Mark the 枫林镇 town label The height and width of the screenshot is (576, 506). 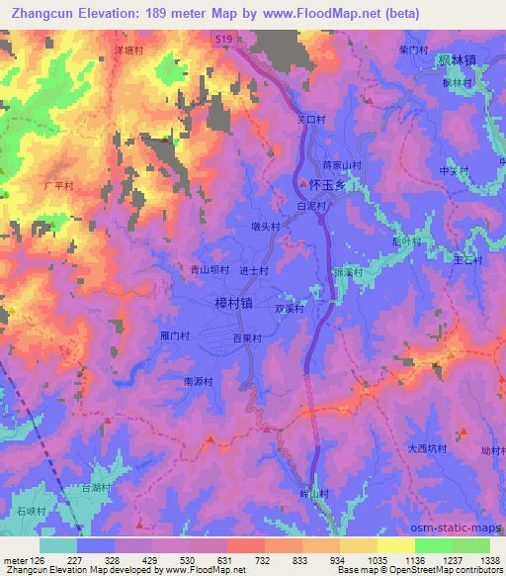point(460,61)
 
